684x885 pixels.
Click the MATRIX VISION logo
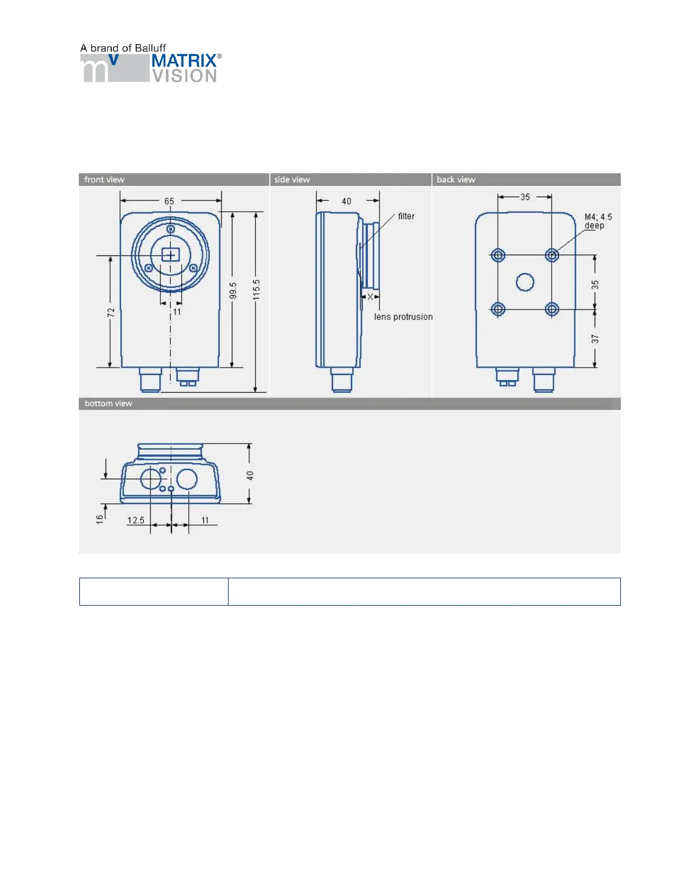(151, 68)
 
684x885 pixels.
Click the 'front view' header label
(104, 179)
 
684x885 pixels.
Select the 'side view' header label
(292, 179)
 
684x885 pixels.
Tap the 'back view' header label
(456, 179)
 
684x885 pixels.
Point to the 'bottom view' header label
(108, 403)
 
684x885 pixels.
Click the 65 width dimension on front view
(169, 201)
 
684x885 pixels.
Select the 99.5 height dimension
(232, 291)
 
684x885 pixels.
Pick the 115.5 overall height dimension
(256, 290)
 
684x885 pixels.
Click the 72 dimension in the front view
(111, 312)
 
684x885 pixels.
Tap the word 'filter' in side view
(406, 216)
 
